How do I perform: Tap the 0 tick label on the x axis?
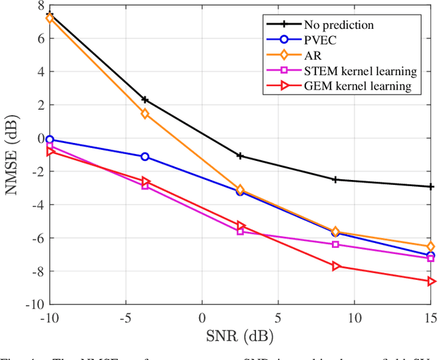(x=202, y=318)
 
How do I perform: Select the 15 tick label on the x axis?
(x=429, y=318)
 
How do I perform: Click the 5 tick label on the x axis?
(x=278, y=318)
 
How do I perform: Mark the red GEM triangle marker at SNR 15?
(x=430, y=281)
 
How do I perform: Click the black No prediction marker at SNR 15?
(x=430, y=186)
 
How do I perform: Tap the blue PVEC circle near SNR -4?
(x=144, y=157)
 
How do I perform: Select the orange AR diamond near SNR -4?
(x=144, y=114)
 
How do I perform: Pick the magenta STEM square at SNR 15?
(x=430, y=258)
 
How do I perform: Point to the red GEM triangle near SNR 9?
(x=335, y=266)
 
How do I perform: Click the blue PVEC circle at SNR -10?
(x=49, y=140)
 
